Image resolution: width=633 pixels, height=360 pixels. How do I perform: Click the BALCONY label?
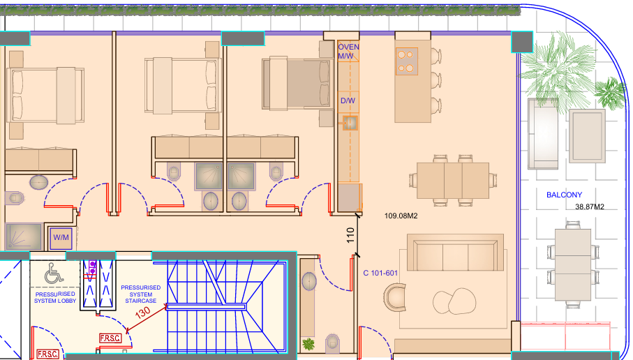pyautogui.click(x=564, y=195)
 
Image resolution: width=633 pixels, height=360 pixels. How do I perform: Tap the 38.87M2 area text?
pyautogui.click(x=590, y=207)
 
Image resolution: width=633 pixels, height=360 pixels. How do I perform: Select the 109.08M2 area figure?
pyautogui.click(x=401, y=216)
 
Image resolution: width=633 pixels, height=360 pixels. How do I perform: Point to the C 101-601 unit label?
pyautogui.click(x=380, y=273)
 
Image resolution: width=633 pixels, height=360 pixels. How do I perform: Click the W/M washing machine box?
pyautogui.click(x=61, y=238)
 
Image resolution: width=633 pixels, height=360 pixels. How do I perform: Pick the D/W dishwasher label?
pyautogui.click(x=348, y=100)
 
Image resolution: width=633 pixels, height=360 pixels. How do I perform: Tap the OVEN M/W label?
pyautogui.click(x=348, y=52)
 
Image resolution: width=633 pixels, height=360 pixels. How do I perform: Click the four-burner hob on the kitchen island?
pyautogui.click(x=406, y=61)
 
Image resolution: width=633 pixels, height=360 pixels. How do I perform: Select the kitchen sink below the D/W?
pyautogui.click(x=350, y=123)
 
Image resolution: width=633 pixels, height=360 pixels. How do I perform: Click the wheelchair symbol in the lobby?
pyautogui.click(x=54, y=273)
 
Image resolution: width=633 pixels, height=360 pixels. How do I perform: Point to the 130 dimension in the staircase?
pyautogui.click(x=142, y=312)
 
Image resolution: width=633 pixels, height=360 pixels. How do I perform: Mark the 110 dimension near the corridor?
pyautogui.click(x=350, y=235)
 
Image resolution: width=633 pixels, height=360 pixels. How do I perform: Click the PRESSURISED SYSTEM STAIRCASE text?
pyautogui.click(x=140, y=294)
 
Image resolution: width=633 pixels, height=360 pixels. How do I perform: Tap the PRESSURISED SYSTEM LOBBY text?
pyautogui.click(x=55, y=297)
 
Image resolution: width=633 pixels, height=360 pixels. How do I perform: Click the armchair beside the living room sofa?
pyautogui.click(x=395, y=297)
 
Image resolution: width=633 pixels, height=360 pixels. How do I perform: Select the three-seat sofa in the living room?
pyautogui.click(x=455, y=253)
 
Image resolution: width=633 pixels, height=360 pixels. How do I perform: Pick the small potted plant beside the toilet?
pyautogui.click(x=308, y=344)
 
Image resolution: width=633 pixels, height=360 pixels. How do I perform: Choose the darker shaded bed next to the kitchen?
pyautogui.click(x=296, y=84)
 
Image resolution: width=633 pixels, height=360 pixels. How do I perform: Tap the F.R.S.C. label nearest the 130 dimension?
pyautogui.click(x=110, y=338)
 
